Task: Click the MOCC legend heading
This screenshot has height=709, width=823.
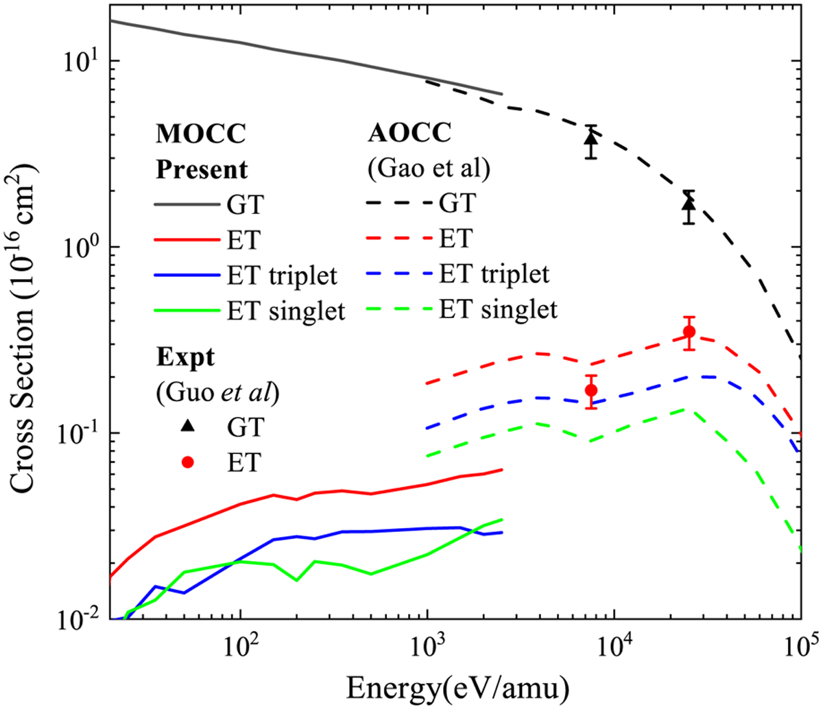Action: pos(200,134)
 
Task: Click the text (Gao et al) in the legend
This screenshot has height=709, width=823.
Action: pos(429,169)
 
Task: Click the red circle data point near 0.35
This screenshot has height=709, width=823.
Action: pos(689,332)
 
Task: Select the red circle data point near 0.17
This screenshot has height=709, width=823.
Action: pos(591,390)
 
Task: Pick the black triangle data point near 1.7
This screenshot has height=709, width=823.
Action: pos(689,204)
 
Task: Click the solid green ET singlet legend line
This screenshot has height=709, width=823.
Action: pos(187,311)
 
